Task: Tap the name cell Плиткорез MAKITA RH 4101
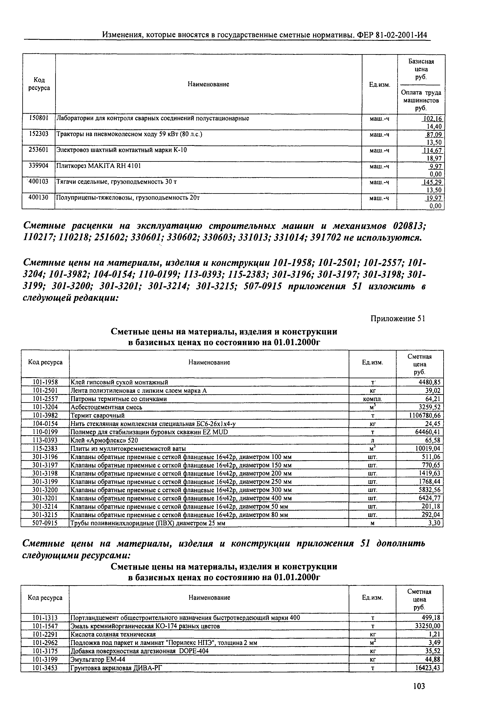coord(98,166)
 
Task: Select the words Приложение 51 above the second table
coord(398,319)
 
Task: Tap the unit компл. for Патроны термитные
coord(373,399)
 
